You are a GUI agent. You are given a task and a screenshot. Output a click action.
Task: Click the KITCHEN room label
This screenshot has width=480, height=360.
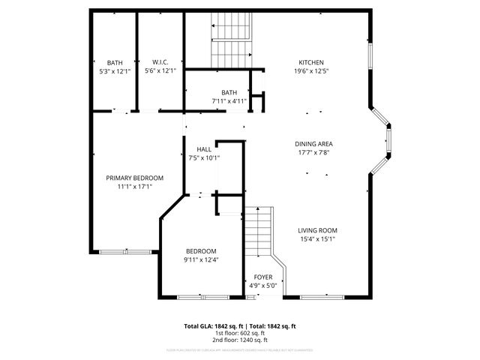point(311,62)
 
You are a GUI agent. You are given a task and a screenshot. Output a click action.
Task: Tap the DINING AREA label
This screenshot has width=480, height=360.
point(314,144)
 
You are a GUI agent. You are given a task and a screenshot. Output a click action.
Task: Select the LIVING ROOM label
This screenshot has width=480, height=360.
point(317,230)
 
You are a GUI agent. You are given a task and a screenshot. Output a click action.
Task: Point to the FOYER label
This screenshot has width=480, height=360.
point(263,277)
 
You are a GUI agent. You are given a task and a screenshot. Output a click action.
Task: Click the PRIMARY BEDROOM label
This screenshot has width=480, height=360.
point(134,178)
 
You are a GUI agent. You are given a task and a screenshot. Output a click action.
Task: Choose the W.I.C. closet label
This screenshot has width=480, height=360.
point(160,62)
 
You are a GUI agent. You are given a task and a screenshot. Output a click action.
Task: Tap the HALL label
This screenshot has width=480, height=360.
point(204,149)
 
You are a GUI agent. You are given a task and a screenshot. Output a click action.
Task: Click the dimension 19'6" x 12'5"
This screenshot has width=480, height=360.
point(311,71)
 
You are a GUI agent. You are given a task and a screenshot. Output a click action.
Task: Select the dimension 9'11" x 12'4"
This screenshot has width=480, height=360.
point(201,259)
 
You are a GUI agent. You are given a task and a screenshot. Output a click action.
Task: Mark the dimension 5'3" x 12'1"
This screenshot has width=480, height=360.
point(115,71)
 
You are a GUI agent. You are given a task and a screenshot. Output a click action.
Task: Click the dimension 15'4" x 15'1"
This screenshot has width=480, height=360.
point(317,239)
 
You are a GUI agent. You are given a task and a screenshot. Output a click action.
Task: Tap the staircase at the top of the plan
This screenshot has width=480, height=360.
point(232,41)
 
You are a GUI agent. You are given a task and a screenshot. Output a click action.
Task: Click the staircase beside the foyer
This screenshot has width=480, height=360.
point(259,232)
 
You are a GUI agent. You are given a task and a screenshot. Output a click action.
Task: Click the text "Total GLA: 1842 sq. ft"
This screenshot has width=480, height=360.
point(213,326)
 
